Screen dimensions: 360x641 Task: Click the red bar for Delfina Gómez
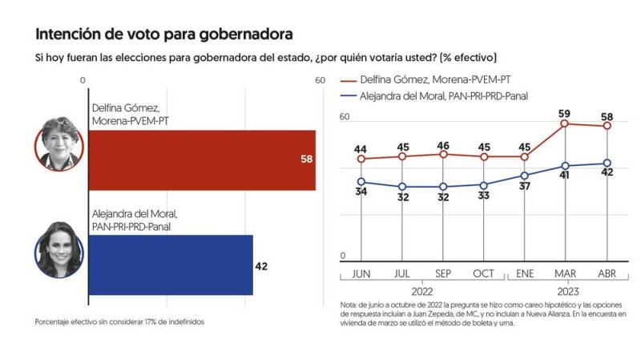pos(200,160)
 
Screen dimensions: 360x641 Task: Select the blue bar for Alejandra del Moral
pos(170,265)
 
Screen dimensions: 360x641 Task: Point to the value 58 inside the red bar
pos(305,160)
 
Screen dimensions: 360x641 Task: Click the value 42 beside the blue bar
pos(261,265)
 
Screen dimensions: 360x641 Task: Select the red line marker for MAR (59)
pos(565,123)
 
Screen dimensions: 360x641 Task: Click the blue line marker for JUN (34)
pos(361,182)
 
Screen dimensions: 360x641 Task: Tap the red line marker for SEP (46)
pos(443,154)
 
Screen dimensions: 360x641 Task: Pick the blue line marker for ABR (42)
pos(607,164)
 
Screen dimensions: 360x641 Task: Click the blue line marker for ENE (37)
pos(525,176)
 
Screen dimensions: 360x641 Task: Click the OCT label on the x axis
pos(483,273)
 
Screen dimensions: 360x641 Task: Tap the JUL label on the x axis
pos(401,273)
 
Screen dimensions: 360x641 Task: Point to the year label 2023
pos(566,292)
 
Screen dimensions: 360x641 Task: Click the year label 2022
pos(422,292)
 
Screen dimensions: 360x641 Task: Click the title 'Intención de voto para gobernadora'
pos(163,34)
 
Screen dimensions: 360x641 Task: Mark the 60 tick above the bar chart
pos(320,80)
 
